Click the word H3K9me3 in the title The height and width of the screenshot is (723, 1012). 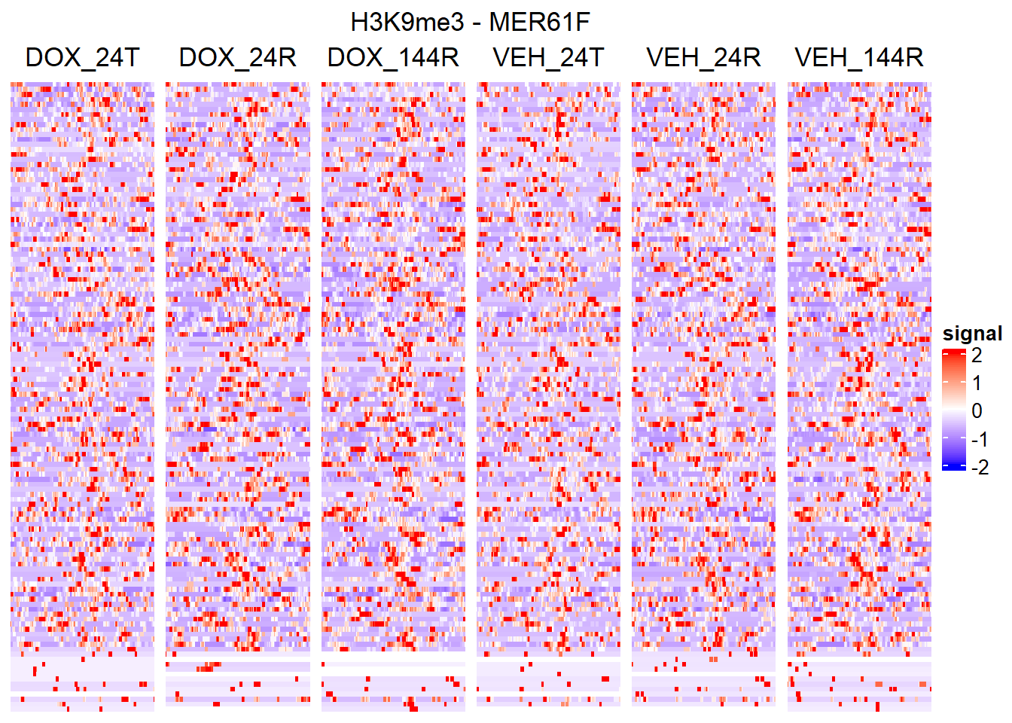point(407,23)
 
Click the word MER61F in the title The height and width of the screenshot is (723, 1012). point(539,23)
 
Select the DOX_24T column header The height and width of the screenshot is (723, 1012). point(82,58)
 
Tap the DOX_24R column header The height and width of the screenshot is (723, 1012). point(237,58)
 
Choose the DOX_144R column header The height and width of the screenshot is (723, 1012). point(393,58)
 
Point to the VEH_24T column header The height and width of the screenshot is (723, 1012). point(548,58)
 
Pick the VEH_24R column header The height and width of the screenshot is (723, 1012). point(703,58)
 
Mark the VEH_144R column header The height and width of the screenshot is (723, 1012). point(859,58)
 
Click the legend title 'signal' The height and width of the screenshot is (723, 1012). point(972,334)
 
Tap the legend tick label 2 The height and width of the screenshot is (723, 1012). point(977,355)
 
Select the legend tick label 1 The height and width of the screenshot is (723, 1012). point(977,383)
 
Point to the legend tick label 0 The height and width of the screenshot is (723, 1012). point(977,411)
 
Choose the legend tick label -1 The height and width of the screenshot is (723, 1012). point(980,439)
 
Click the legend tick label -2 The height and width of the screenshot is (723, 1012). point(980,468)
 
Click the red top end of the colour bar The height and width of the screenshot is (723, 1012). point(953,352)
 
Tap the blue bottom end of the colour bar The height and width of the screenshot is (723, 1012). point(953,466)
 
